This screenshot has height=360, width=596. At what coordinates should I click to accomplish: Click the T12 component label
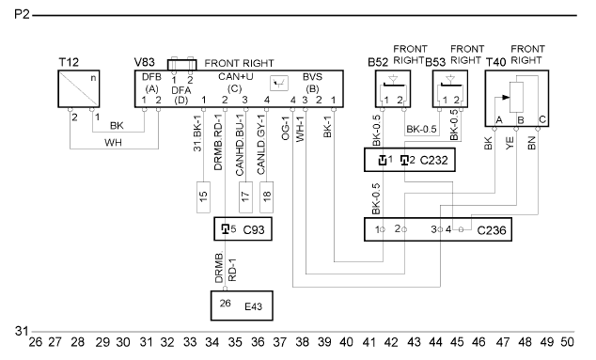[69, 62]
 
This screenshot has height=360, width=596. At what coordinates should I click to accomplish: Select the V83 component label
[145, 62]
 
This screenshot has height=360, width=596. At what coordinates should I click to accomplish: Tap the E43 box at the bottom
[242, 305]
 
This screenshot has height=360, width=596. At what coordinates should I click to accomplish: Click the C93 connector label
[254, 230]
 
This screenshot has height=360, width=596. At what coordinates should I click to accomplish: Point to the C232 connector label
[433, 161]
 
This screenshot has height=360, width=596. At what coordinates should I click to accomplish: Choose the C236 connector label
[492, 230]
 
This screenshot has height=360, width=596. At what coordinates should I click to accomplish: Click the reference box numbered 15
[203, 196]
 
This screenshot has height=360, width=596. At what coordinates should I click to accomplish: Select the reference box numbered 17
[245, 196]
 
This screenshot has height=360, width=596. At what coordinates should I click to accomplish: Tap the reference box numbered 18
[266, 196]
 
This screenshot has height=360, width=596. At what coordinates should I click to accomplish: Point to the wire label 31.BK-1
[197, 133]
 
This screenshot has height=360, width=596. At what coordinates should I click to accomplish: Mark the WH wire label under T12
[113, 143]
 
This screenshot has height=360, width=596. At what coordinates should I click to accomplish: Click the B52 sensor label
[378, 62]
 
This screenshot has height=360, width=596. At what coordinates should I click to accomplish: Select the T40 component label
[496, 62]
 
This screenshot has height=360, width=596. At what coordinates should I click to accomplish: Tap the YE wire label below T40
[510, 143]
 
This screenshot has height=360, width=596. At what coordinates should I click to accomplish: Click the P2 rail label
[22, 14]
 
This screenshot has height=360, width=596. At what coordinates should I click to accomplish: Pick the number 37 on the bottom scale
[280, 342]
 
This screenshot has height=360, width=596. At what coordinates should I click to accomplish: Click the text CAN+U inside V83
[236, 77]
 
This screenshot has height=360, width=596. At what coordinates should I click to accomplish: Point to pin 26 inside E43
[225, 303]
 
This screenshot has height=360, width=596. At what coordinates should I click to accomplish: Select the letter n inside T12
[93, 78]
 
